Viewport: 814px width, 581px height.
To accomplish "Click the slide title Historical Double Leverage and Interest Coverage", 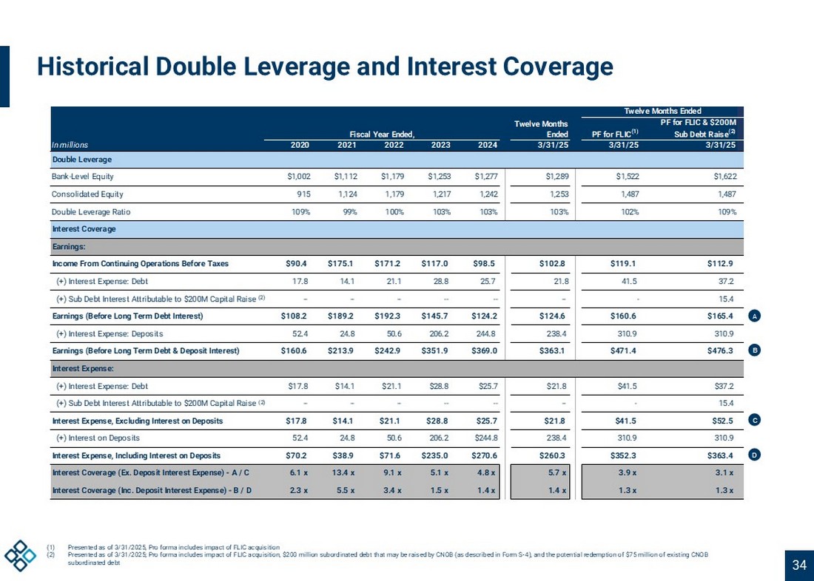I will tap(326, 67).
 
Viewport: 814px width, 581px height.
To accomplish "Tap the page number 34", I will tap(798, 565).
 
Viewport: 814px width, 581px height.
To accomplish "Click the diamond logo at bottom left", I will tap(20, 555).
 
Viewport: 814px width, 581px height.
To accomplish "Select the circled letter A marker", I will tap(753, 316).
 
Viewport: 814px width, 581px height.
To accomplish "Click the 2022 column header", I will tap(394, 145).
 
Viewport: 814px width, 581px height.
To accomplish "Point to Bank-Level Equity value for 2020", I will tap(298, 177).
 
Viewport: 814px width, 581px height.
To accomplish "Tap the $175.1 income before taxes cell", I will tap(342, 263).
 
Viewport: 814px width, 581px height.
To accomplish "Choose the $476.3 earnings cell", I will tap(720, 350).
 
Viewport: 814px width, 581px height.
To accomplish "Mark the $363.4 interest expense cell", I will tap(720, 455).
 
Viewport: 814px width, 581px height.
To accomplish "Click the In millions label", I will tap(69, 145).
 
